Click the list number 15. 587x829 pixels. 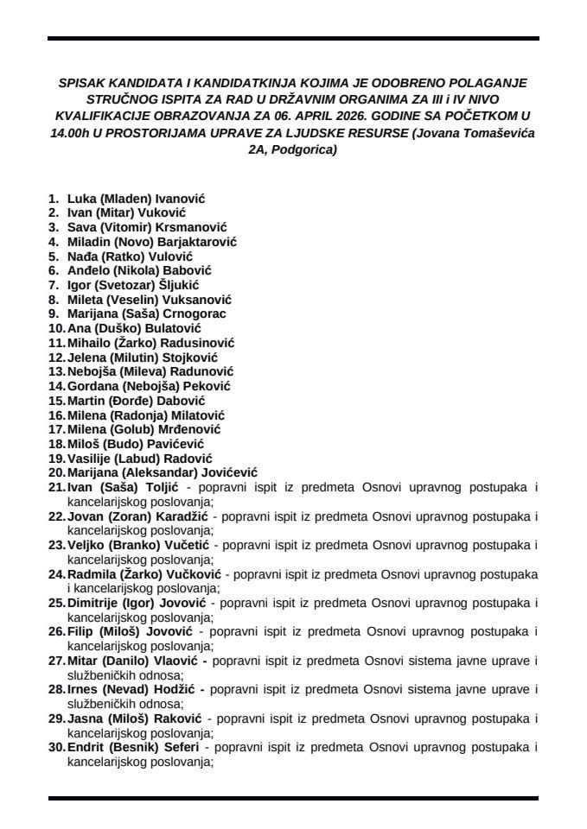click(57, 401)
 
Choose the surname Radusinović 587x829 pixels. click(194, 342)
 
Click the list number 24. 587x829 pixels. click(57, 573)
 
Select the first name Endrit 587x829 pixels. click(85, 748)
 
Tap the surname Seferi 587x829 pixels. click(180, 748)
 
